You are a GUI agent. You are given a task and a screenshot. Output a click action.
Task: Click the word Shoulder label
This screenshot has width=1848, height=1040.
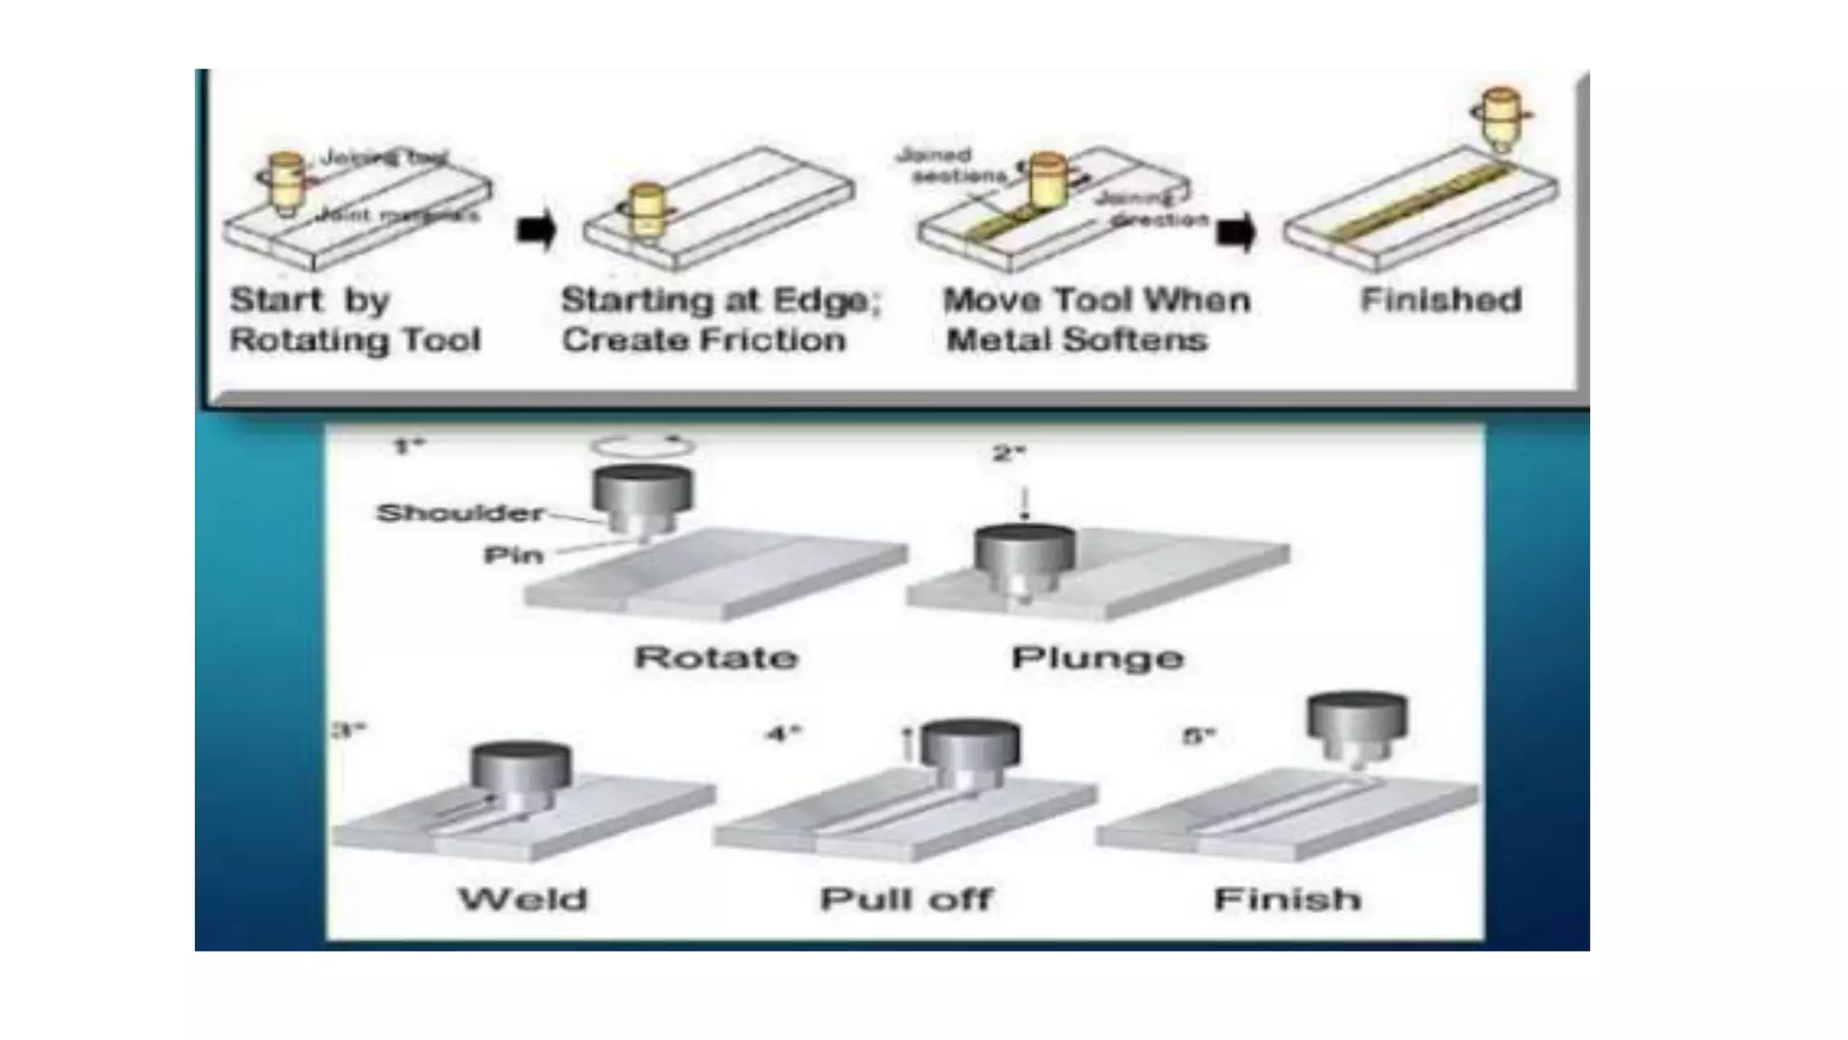tap(460, 514)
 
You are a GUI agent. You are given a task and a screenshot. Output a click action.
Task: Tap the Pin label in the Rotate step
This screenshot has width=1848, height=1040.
tap(513, 554)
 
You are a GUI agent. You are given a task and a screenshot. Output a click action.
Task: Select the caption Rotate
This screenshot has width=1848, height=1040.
tap(716, 657)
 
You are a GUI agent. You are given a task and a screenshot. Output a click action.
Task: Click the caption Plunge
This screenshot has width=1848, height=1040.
tap(1097, 657)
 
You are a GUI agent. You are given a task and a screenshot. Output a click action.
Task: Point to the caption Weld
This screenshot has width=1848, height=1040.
tap(523, 899)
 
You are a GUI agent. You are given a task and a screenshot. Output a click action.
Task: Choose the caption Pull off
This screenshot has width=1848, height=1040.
tap(906, 899)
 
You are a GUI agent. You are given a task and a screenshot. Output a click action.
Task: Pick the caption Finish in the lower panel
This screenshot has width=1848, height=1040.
tap(1287, 899)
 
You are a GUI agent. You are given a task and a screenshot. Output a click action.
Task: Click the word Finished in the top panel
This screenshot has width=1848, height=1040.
tap(1441, 300)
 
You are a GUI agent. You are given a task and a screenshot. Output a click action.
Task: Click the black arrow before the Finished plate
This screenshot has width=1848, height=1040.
tap(1235, 233)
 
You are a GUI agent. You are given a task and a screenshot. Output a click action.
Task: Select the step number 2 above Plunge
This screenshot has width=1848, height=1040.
tap(1008, 453)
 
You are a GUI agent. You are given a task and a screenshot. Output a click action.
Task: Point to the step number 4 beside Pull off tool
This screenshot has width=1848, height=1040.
tap(783, 733)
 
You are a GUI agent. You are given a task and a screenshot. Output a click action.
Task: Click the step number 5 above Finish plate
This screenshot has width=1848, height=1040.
tap(1199, 737)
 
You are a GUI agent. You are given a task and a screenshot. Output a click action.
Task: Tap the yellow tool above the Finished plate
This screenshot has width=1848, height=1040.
tap(1501, 117)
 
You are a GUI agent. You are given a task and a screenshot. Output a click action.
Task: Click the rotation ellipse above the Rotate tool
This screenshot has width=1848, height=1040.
tap(642, 446)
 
